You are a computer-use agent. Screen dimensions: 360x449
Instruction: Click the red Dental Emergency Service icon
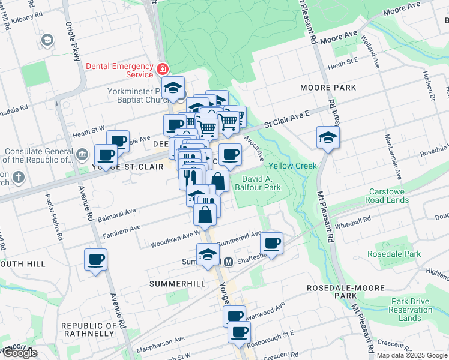tap(161, 69)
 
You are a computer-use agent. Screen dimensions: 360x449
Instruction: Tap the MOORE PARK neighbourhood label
tap(328, 88)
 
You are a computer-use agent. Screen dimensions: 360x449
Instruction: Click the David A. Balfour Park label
tap(261, 183)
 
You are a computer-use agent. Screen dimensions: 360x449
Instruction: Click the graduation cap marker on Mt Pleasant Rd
tap(328, 138)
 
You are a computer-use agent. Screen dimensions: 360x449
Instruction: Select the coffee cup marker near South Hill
tap(96, 260)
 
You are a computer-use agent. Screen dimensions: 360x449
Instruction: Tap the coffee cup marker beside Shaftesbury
tap(271, 243)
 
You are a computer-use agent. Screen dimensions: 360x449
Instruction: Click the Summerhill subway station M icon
tap(229, 262)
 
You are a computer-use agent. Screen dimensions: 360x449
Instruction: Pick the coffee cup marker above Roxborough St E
tap(239, 331)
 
